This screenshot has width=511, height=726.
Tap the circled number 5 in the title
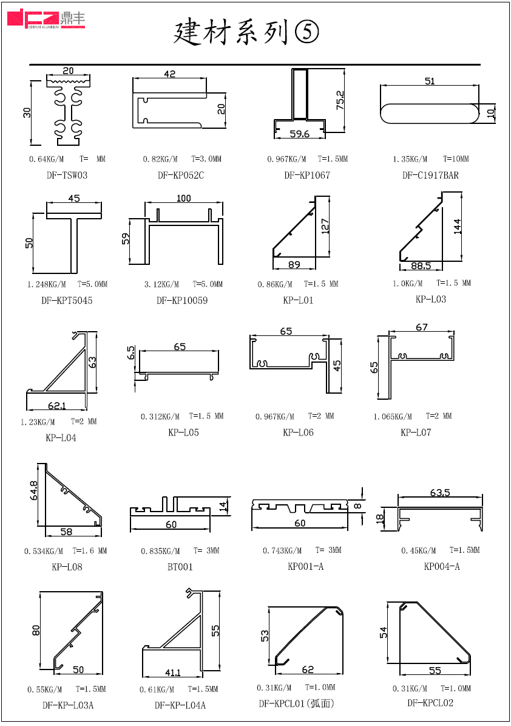[306, 32]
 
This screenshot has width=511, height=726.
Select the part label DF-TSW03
[67, 175]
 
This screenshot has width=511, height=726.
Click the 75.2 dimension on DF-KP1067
[340, 100]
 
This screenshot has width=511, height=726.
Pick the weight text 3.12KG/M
[161, 284]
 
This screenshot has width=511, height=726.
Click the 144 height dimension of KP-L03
[457, 227]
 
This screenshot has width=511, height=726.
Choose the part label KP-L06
[298, 433]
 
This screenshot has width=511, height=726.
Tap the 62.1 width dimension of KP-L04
[57, 406]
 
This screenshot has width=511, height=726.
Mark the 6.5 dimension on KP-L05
[131, 353]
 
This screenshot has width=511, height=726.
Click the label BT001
[180, 567]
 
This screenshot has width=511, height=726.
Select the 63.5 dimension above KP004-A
[440, 492]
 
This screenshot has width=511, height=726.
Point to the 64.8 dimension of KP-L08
[34, 490]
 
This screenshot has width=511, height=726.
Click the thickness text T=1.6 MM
[90, 550]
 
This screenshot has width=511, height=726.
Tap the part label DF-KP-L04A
[180, 705]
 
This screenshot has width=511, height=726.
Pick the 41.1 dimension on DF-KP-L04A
[173, 673]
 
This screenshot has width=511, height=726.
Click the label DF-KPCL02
[430, 703]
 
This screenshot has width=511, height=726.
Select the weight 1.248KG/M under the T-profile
[46, 284]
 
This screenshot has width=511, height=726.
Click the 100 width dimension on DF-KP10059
[184, 198]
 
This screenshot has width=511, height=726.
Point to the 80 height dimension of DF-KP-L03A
[36, 630]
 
